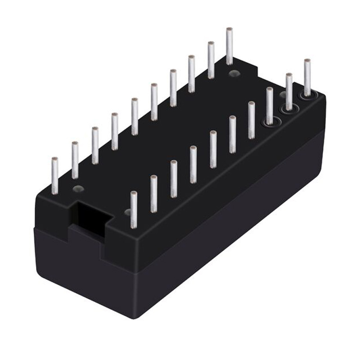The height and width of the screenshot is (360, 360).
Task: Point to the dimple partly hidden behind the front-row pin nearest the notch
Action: [x=128, y=211]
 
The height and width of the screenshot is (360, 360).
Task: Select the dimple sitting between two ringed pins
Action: [x=283, y=94]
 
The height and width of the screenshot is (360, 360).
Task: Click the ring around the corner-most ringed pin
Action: [x=308, y=94]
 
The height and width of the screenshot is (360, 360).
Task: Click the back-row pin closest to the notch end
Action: [x=55, y=175]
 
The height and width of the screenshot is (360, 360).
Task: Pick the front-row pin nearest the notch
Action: [x=134, y=209]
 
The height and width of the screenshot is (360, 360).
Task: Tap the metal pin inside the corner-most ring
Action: [x=307, y=76]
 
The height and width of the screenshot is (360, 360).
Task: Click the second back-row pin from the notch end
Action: [x=75, y=160]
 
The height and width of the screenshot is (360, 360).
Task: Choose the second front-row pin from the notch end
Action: [x=153, y=193]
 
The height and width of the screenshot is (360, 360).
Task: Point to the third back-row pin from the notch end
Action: [x=95, y=145]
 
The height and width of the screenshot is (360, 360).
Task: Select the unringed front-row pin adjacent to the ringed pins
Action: [x=252, y=120]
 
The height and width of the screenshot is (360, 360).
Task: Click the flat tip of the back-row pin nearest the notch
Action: [x=55, y=160]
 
